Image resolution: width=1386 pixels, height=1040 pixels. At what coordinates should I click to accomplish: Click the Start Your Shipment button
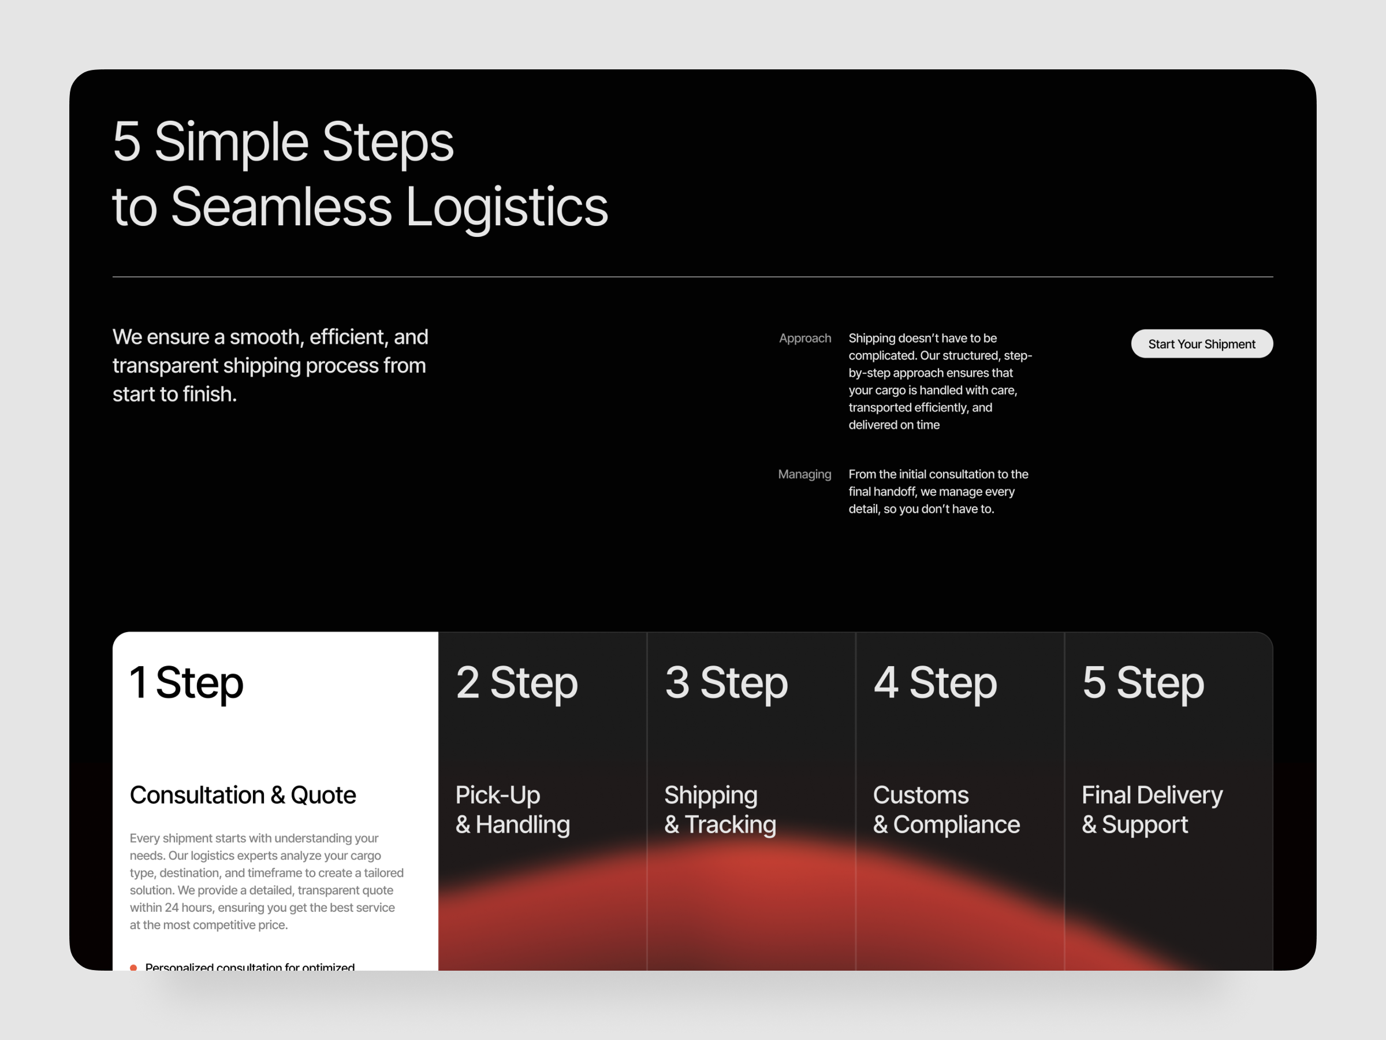point(1201,344)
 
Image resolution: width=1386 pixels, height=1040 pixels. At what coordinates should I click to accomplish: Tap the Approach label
point(804,338)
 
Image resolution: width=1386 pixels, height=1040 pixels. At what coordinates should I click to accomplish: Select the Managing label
point(804,474)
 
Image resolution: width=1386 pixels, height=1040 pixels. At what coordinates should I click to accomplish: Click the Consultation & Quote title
point(243,795)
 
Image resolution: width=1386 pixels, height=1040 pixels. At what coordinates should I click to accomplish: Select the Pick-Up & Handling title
point(512,809)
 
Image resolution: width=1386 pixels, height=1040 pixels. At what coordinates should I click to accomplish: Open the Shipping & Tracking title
point(720,809)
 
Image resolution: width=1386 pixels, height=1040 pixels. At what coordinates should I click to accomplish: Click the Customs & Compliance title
point(945,809)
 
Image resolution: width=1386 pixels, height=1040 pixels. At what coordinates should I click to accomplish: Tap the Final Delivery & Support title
point(1152,809)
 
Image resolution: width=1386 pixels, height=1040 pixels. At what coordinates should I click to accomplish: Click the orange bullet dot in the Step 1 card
point(133,968)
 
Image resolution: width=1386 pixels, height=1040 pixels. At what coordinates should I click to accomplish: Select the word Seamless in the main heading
point(281,207)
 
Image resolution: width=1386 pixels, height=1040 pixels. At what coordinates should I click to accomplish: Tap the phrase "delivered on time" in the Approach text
point(893,425)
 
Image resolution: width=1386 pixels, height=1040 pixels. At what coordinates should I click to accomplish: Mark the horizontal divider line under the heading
point(692,276)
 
